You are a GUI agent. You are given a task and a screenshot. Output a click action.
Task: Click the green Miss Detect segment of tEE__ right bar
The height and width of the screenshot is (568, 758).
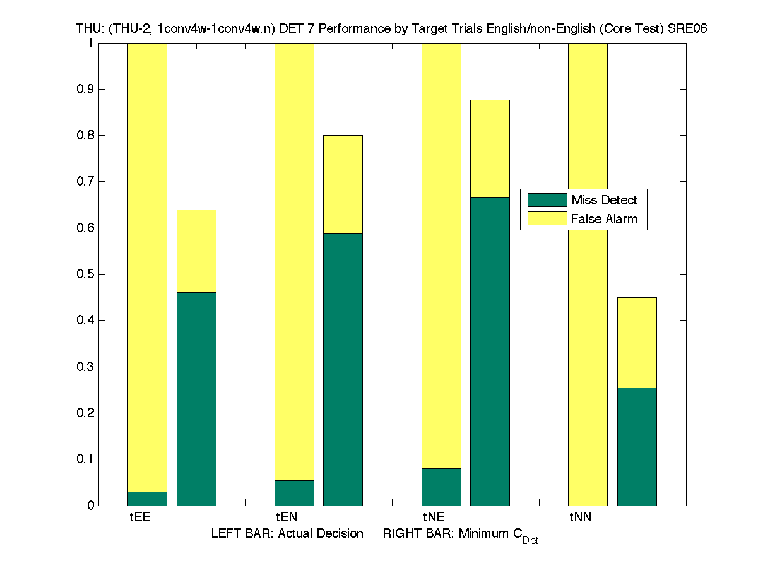click(x=196, y=398)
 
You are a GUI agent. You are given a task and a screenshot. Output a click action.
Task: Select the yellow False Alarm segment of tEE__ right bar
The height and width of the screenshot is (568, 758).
click(x=196, y=251)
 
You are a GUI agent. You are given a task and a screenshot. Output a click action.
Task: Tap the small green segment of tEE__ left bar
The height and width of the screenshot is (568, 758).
click(x=147, y=499)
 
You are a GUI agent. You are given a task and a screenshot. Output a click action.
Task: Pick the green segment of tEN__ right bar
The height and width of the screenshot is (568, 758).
click(x=343, y=369)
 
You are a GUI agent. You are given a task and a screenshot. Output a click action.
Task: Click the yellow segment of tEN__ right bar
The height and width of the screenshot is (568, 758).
click(x=343, y=184)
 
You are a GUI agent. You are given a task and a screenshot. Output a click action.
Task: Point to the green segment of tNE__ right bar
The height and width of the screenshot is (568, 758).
click(x=490, y=351)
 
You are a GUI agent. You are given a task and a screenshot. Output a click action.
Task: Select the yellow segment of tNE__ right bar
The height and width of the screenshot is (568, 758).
click(x=490, y=148)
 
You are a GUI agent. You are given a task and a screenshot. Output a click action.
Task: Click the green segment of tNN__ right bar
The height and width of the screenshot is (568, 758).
click(x=637, y=446)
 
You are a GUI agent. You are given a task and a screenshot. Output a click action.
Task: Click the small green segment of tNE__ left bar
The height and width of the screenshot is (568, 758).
click(x=441, y=487)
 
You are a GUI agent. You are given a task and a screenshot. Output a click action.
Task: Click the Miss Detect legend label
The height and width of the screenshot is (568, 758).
click(x=604, y=200)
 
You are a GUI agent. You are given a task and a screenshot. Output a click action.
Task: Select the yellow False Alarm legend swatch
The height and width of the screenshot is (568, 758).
click(x=547, y=219)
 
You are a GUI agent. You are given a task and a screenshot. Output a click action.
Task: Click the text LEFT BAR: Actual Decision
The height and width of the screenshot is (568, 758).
click(x=287, y=534)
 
